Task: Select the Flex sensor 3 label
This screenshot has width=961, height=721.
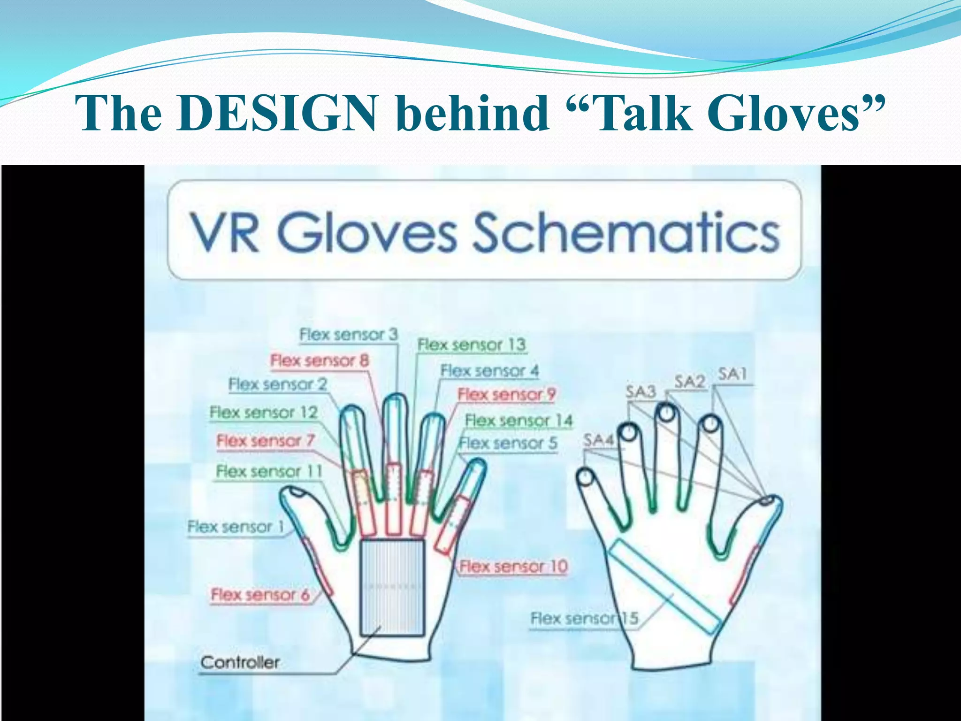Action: [348, 335]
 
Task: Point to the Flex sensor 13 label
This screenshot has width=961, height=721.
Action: [472, 345]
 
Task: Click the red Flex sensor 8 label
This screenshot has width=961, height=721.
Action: [320, 361]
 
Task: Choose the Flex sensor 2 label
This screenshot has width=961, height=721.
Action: [277, 384]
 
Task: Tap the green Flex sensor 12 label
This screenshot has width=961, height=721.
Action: [264, 413]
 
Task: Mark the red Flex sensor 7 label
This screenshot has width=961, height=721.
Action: [265, 441]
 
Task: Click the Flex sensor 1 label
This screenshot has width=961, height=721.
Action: [236, 527]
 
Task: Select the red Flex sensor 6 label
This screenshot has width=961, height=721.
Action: [260, 595]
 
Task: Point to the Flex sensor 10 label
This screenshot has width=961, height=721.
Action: [513, 567]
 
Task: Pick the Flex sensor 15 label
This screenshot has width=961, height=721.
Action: [584, 618]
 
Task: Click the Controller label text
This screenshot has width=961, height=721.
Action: [240, 662]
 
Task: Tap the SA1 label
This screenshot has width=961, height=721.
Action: [732, 374]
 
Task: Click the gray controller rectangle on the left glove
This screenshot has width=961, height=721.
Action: [392, 587]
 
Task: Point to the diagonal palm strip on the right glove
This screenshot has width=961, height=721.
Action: [664, 586]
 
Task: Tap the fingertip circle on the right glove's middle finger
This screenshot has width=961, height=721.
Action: [667, 414]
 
